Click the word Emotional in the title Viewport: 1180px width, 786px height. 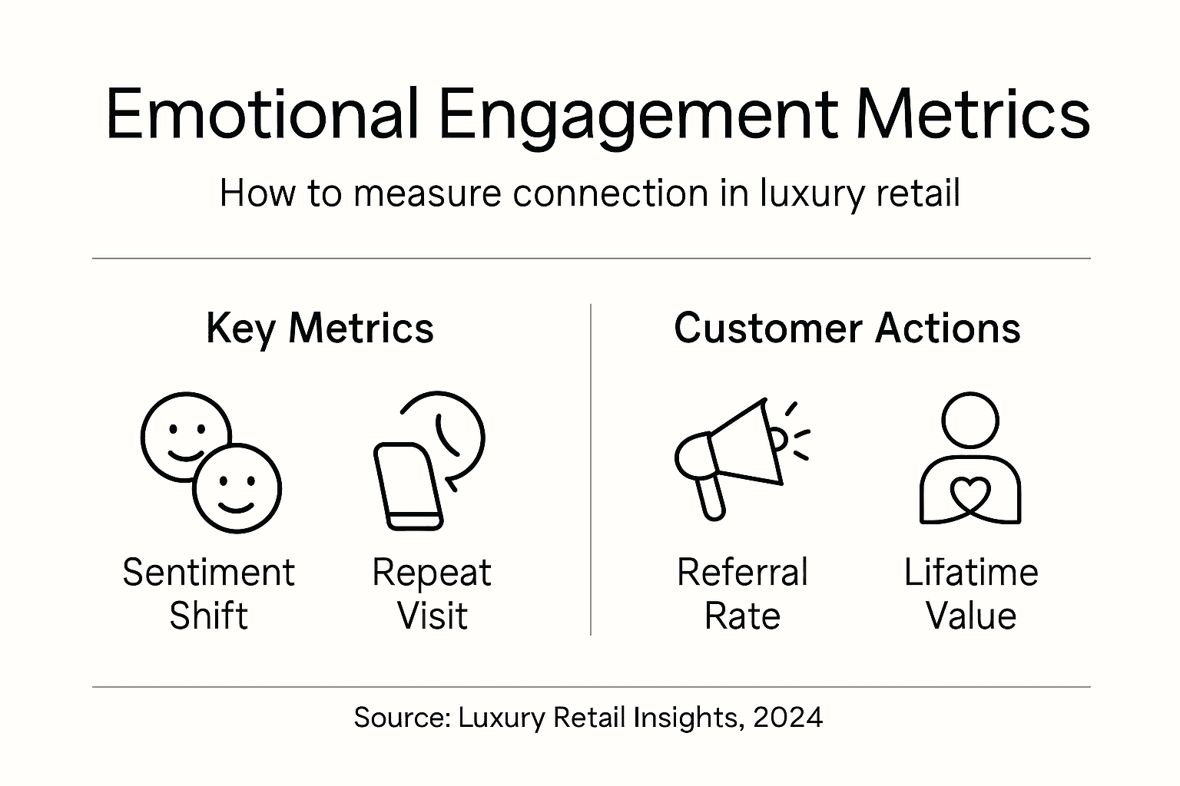pos(261,114)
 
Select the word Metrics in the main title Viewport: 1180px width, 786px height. pos(973,114)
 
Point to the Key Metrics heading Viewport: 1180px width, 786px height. pos(320,329)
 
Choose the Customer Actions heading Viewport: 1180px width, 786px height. pos(847,329)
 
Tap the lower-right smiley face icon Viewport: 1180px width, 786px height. pos(237,489)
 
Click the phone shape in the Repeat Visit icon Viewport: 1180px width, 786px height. pos(408,486)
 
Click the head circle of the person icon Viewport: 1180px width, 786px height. pos(970,421)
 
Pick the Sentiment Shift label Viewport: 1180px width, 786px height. pos(208,594)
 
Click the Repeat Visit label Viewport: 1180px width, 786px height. pos(432,594)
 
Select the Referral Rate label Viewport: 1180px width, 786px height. pos(742,594)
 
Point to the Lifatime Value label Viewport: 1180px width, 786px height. pos(971,594)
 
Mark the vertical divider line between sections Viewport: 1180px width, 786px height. pos(590,469)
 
